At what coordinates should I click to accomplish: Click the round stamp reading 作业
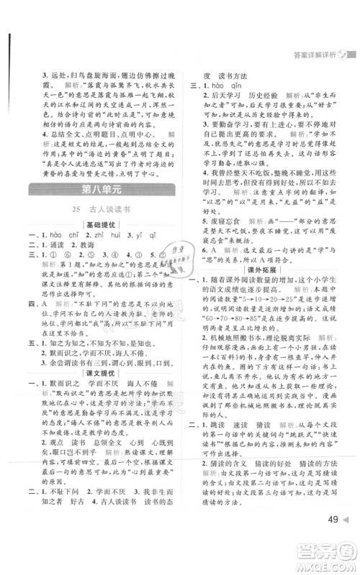[x=169, y=272]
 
